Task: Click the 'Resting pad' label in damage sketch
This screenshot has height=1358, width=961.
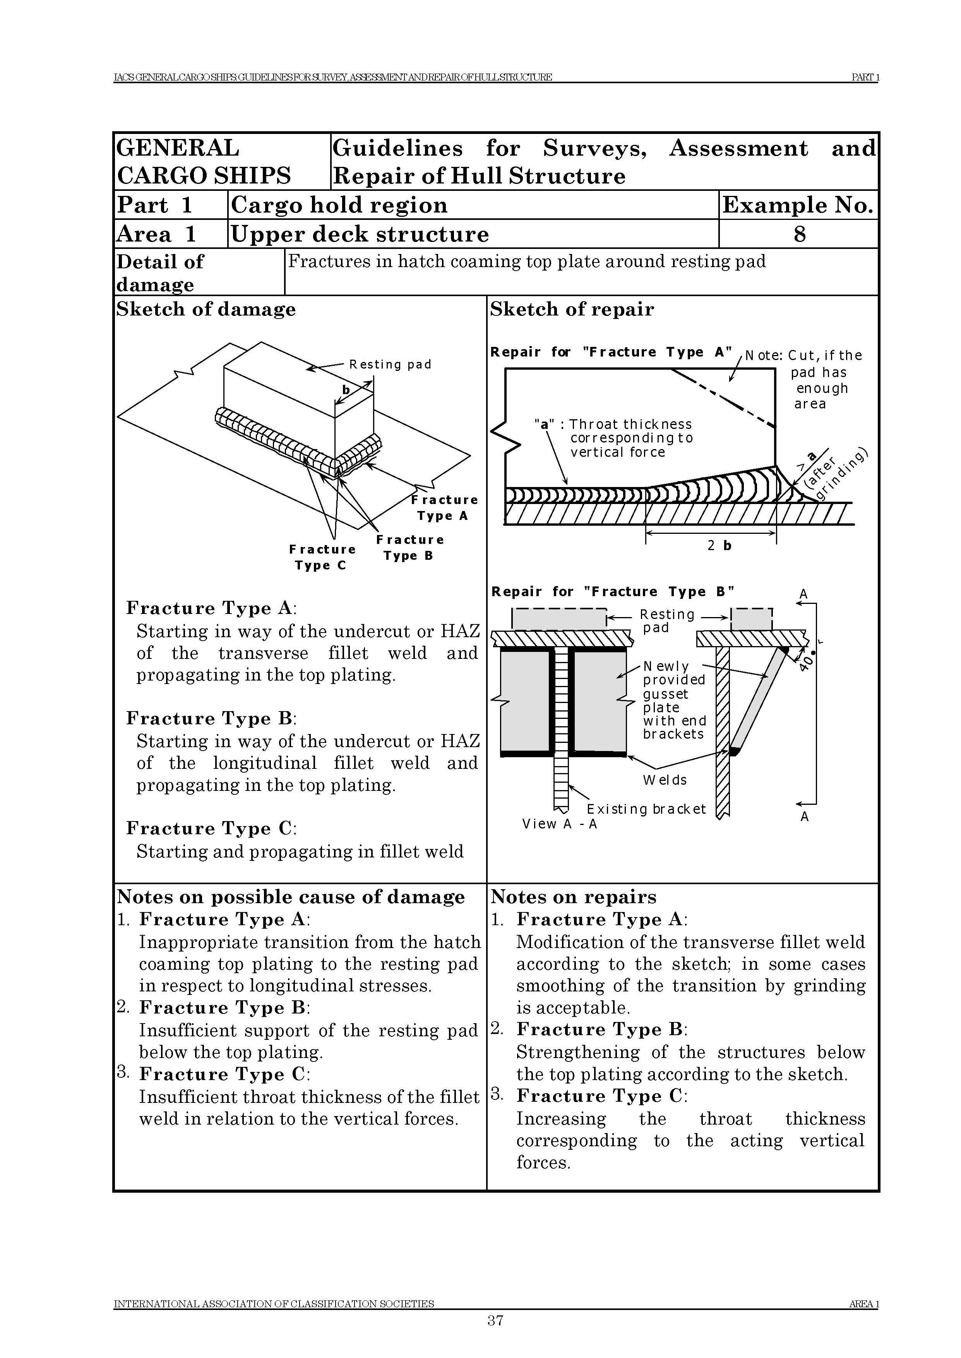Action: (390, 365)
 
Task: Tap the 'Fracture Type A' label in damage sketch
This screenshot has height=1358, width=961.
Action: (444, 508)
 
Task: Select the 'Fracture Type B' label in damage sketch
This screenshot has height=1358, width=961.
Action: (409, 547)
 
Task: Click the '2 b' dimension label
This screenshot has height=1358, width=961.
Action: (719, 545)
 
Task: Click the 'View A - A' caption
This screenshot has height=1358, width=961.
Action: (559, 824)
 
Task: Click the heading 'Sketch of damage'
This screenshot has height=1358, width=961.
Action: (206, 309)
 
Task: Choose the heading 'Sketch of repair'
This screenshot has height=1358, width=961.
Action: (572, 309)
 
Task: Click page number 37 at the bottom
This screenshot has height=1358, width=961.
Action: (495, 1320)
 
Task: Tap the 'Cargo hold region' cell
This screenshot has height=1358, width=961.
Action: (339, 205)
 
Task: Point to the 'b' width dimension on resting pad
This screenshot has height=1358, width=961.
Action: (346, 389)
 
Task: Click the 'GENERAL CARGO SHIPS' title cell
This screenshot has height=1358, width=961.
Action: (204, 161)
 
